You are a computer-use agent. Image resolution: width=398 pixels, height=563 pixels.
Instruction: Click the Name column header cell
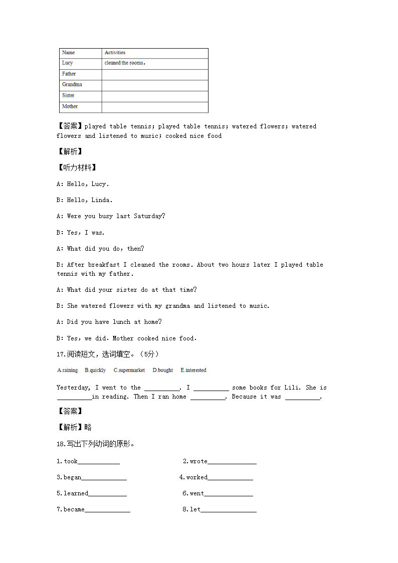point(80,53)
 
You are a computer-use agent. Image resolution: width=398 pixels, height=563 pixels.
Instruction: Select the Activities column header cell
point(154,53)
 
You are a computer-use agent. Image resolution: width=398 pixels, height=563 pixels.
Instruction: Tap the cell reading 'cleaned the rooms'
point(154,63)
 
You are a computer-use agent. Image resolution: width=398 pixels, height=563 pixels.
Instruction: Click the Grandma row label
point(80,85)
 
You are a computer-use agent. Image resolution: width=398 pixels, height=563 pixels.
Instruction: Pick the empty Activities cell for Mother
point(154,107)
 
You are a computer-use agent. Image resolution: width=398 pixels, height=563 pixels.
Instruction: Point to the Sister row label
point(80,96)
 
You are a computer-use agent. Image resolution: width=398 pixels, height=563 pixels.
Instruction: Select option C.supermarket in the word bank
point(129,370)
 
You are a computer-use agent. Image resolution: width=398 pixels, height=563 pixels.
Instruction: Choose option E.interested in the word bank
point(193,370)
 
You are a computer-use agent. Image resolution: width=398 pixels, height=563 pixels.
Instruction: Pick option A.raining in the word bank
point(67,370)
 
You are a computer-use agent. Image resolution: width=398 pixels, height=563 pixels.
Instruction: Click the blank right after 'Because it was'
point(303,397)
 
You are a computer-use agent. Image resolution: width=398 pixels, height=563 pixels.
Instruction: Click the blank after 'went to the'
point(162,388)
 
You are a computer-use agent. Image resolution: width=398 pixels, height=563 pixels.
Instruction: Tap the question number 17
point(60,354)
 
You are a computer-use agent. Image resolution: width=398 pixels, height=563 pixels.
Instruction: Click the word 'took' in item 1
point(71,461)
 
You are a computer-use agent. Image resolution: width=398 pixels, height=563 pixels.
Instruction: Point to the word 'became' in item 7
point(74,509)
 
